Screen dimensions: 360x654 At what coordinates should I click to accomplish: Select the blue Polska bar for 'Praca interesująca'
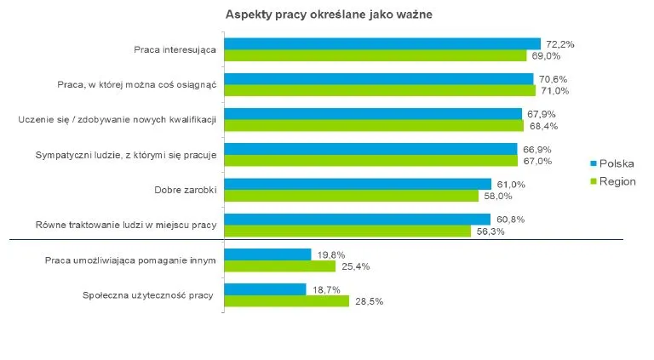(x=381, y=43)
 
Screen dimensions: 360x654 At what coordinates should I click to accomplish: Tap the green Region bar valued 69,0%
(x=376, y=55)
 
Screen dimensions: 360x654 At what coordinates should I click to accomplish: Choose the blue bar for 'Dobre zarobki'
(x=358, y=184)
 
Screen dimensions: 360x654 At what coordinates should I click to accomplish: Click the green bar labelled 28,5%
(x=286, y=301)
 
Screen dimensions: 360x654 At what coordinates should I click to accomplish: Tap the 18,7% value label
(x=326, y=289)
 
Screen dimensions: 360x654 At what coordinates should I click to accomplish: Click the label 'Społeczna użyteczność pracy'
(x=148, y=294)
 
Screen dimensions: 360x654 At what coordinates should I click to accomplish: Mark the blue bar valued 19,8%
(x=267, y=254)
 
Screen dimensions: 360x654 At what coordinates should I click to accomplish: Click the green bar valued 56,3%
(x=347, y=231)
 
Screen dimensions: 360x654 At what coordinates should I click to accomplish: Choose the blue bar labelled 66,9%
(x=370, y=149)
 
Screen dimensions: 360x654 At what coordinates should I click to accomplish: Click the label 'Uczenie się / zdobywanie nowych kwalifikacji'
(x=118, y=119)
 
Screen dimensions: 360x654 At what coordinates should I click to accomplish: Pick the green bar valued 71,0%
(x=380, y=90)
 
